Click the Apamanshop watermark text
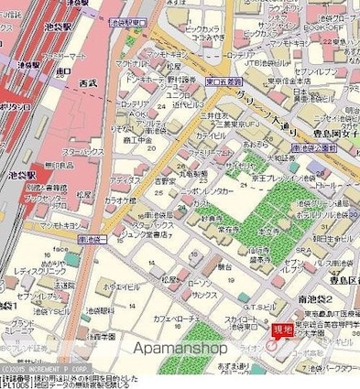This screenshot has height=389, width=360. [180, 349]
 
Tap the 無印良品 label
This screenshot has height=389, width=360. [58, 165]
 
